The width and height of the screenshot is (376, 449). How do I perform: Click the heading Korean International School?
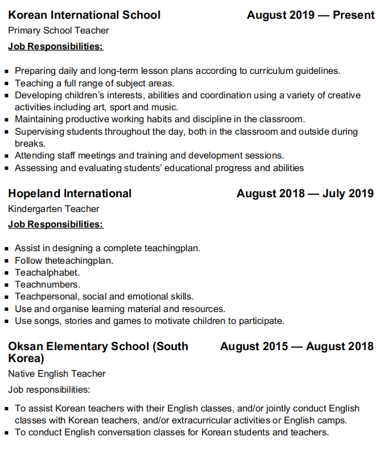84,15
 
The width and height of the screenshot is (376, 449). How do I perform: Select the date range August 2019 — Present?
310,15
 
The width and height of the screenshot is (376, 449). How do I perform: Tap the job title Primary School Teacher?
59,31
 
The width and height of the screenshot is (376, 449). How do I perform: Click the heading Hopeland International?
70,194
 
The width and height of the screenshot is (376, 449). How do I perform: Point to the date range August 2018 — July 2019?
305,194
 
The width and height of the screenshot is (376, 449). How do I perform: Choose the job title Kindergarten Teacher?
54,209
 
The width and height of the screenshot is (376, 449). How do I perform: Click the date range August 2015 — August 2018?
296,347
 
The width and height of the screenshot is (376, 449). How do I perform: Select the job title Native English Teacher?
57,374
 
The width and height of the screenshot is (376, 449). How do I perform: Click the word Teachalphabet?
47,273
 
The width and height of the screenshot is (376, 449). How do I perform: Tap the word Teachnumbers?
48,285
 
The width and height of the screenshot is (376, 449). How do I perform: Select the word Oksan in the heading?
26,347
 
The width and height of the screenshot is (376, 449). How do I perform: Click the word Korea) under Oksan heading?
26,359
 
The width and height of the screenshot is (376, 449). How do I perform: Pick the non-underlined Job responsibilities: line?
49,390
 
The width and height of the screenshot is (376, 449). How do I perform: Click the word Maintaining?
39,119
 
